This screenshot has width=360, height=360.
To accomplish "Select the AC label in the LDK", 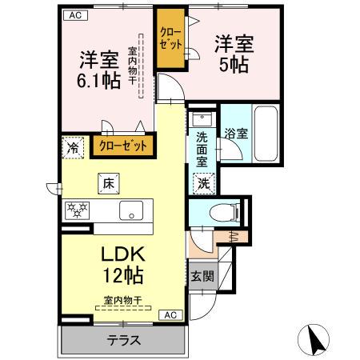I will [170, 315].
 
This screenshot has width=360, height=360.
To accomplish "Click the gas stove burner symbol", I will [78, 210].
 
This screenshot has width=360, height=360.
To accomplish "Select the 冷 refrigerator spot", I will [73, 147].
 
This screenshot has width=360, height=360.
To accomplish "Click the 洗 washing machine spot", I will [203, 182].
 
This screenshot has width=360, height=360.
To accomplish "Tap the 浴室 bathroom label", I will [236, 134].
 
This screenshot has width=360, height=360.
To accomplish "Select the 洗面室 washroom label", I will [203, 147].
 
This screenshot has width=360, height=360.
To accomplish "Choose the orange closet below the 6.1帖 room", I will [123, 146].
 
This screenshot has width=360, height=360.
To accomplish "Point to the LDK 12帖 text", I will [122, 264].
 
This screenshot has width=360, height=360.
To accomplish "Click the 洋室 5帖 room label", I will [234, 52].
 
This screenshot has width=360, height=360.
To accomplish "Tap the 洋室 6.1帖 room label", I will [98, 70].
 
